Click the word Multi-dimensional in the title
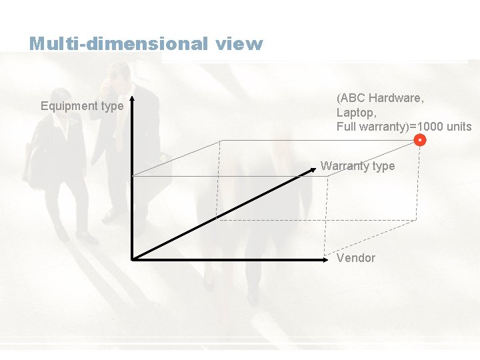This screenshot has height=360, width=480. pos(119,44)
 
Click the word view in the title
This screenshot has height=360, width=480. pos(239,44)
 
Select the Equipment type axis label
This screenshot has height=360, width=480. pos(82,106)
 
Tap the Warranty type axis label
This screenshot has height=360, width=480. pos(357,166)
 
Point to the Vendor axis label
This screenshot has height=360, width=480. pos(356,258)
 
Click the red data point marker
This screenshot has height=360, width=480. pos(420,140)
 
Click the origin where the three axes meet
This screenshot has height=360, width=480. pos(133,259)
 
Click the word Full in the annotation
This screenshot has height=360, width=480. pos(346,127)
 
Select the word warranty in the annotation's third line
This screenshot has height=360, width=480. pos(381,127)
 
